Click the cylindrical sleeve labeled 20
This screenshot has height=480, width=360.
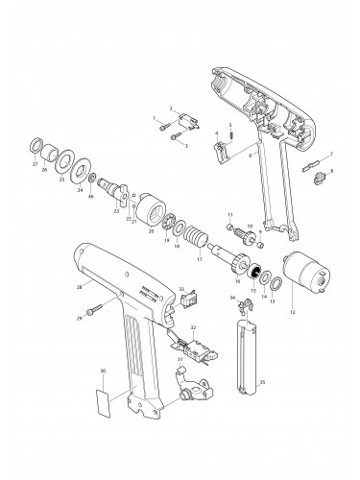[155, 210]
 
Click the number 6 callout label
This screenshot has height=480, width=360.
[252, 154]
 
